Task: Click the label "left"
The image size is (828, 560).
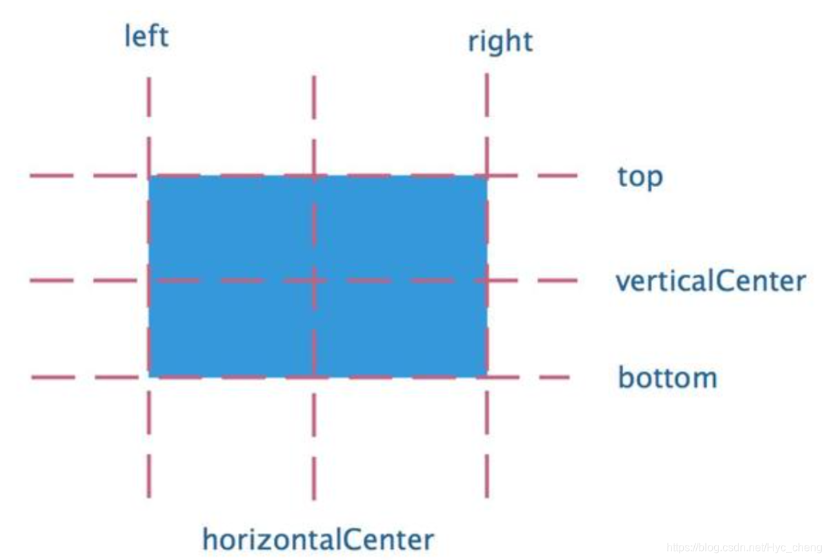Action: (146, 36)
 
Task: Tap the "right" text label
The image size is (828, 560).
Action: (500, 42)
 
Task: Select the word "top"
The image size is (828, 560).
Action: (640, 177)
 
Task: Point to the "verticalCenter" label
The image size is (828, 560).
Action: (711, 282)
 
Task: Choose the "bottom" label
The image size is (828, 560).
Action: (667, 378)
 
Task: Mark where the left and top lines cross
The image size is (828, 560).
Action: (149, 176)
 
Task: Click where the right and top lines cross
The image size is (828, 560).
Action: (487, 176)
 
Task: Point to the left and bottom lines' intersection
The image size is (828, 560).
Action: (149, 377)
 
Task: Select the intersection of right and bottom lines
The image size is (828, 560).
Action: (487, 377)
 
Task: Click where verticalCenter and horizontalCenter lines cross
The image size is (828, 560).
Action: (315, 280)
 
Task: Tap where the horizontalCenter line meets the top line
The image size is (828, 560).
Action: (315, 176)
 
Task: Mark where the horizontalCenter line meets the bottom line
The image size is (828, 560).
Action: (315, 377)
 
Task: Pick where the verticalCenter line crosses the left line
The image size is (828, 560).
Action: (149, 280)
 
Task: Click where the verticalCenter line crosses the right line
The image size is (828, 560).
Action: (487, 280)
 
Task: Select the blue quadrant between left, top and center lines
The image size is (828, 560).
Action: (232, 229)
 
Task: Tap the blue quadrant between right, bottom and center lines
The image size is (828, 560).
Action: (401, 329)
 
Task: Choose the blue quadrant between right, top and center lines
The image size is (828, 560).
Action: (401, 229)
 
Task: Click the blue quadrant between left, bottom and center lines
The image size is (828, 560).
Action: (232, 329)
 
